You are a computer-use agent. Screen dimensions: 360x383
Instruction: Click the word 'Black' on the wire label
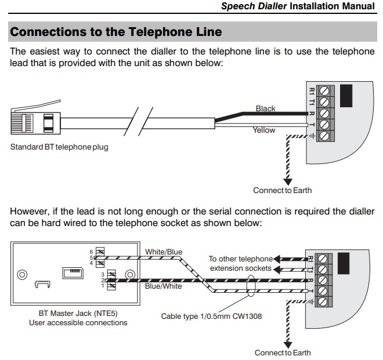point(266,108)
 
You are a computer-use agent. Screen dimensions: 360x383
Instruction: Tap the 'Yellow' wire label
point(264,130)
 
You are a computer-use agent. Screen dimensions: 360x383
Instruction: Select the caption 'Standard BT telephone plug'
point(59,147)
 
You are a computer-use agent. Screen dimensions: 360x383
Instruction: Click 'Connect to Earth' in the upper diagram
point(283,190)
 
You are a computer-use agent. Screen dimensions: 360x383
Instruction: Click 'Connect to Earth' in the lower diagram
point(283,352)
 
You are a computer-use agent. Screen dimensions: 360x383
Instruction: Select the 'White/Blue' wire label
point(164,252)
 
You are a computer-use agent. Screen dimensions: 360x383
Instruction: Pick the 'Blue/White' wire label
point(164,286)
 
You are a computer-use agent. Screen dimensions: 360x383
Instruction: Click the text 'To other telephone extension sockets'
point(240,263)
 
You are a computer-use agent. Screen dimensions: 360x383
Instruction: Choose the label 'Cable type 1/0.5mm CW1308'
point(205,317)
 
